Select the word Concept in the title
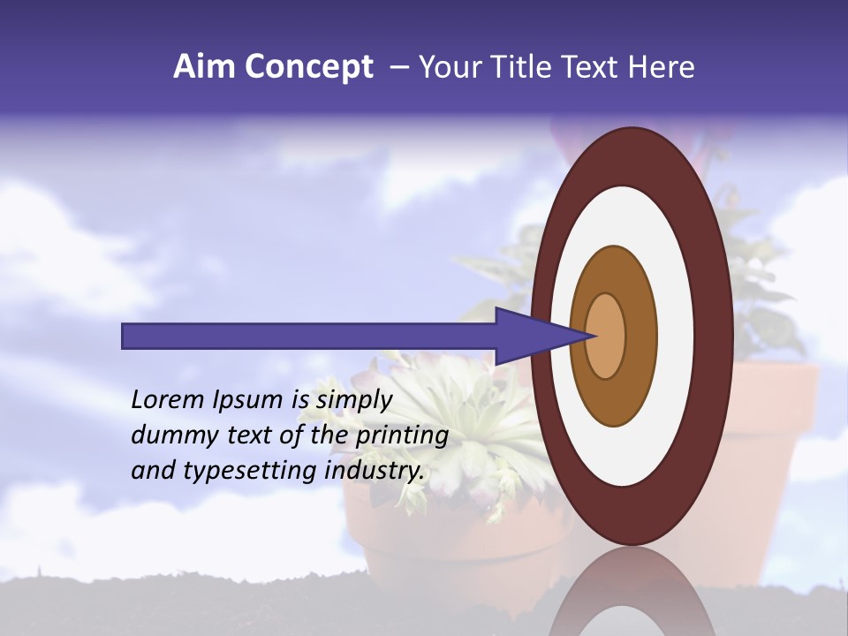pos(308,67)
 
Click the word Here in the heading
pos(662,67)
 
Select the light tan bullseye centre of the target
pos(606,336)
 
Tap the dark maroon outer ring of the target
pos(715,336)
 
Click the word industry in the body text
pos(376,471)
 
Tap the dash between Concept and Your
pos(398,67)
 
